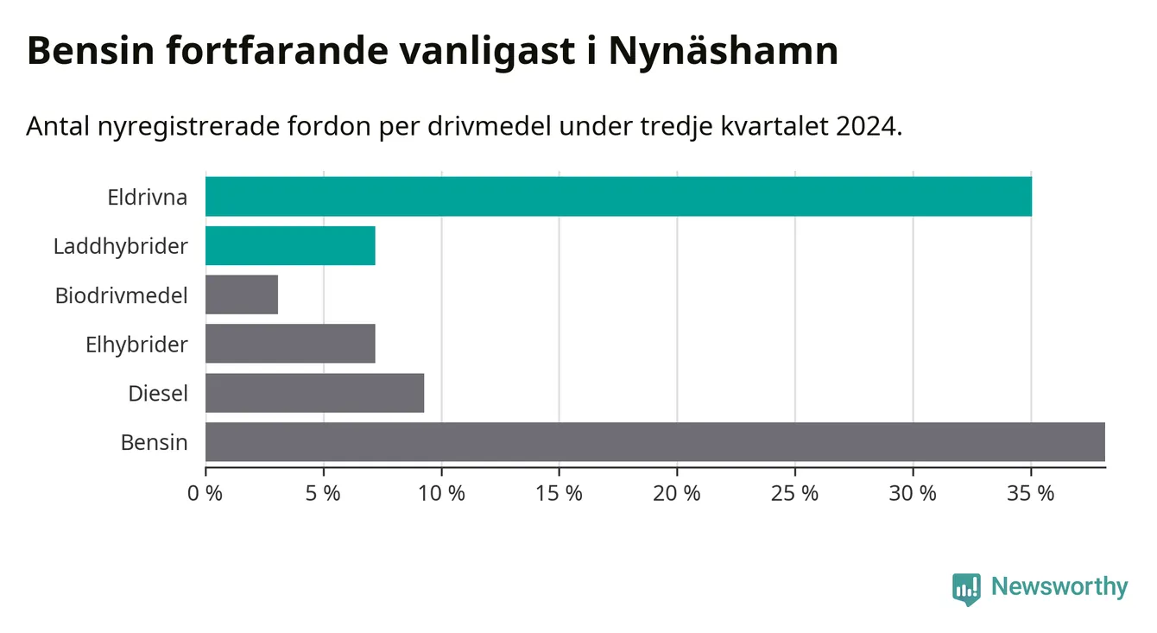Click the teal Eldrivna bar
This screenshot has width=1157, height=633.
click(618, 196)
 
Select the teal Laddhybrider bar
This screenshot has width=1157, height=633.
click(290, 245)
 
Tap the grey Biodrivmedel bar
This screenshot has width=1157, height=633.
click(242, 294)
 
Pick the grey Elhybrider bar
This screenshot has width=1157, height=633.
click(290, 344)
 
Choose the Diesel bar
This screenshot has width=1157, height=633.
click(314, 393)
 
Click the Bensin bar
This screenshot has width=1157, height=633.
click(654, 442)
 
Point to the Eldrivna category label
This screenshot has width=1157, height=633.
click(147, 197)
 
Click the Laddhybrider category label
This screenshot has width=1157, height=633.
click(120, 246)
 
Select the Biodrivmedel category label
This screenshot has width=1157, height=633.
click(121, 295)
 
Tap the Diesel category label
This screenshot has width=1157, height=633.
click(158, 394)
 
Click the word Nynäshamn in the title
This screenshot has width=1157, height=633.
click(724, 52)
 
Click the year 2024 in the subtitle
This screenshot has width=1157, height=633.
click(867, 127)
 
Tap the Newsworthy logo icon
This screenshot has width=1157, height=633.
click(966, 589)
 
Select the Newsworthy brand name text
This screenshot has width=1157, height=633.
click(1059, 587)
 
